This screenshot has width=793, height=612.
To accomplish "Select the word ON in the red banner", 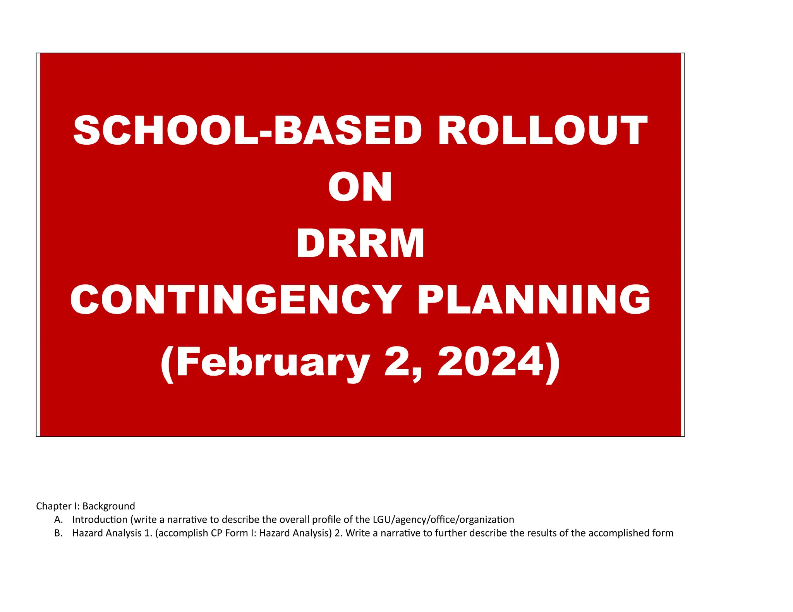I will tap(360, 187).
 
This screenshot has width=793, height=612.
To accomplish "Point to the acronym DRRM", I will tap(360, 244).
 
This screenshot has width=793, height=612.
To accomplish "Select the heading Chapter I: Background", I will tap(86, 506).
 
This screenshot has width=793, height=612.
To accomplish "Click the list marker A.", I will tap(58, 520).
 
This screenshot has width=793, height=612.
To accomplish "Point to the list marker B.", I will tap(58, 533).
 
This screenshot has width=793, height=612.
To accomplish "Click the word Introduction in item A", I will tap(100, 520).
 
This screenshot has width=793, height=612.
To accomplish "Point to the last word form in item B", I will tap(663, 533).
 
